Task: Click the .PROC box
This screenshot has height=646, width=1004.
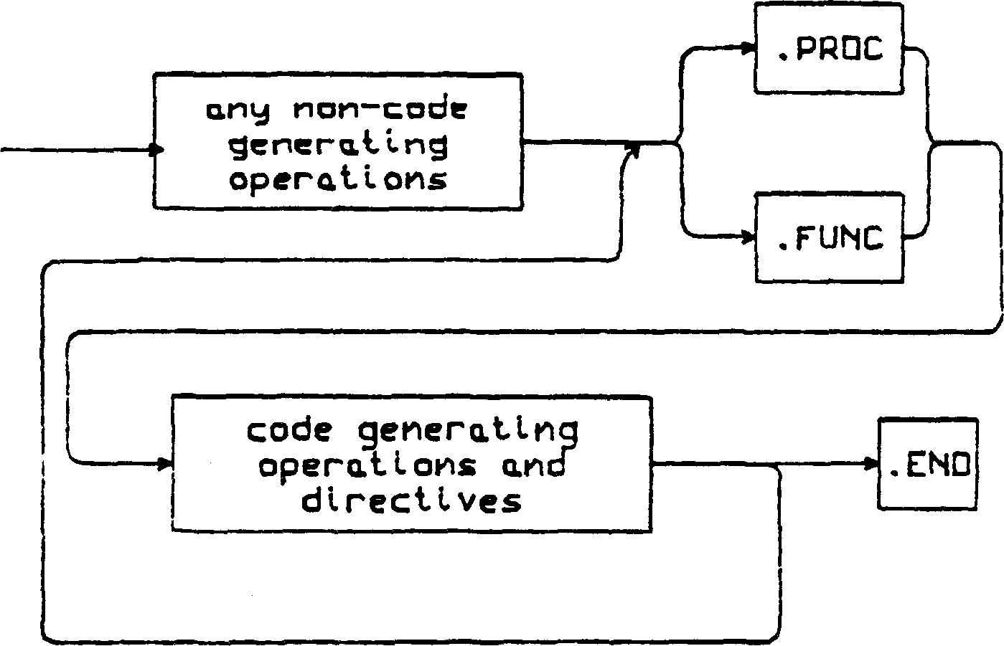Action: (828, 47)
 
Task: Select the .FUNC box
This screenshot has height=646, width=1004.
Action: (830, 237)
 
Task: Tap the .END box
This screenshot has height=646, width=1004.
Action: (928, 464)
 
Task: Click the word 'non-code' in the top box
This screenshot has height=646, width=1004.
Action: (380, 110)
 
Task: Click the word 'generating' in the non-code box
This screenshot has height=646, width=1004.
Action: (338, 146)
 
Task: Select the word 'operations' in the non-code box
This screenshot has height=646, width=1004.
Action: (338, 179)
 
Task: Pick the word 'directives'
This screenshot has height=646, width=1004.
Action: (411, 500)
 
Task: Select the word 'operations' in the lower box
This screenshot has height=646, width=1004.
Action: (367, 466)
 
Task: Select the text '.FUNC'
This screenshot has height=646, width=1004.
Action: (830, 238)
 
